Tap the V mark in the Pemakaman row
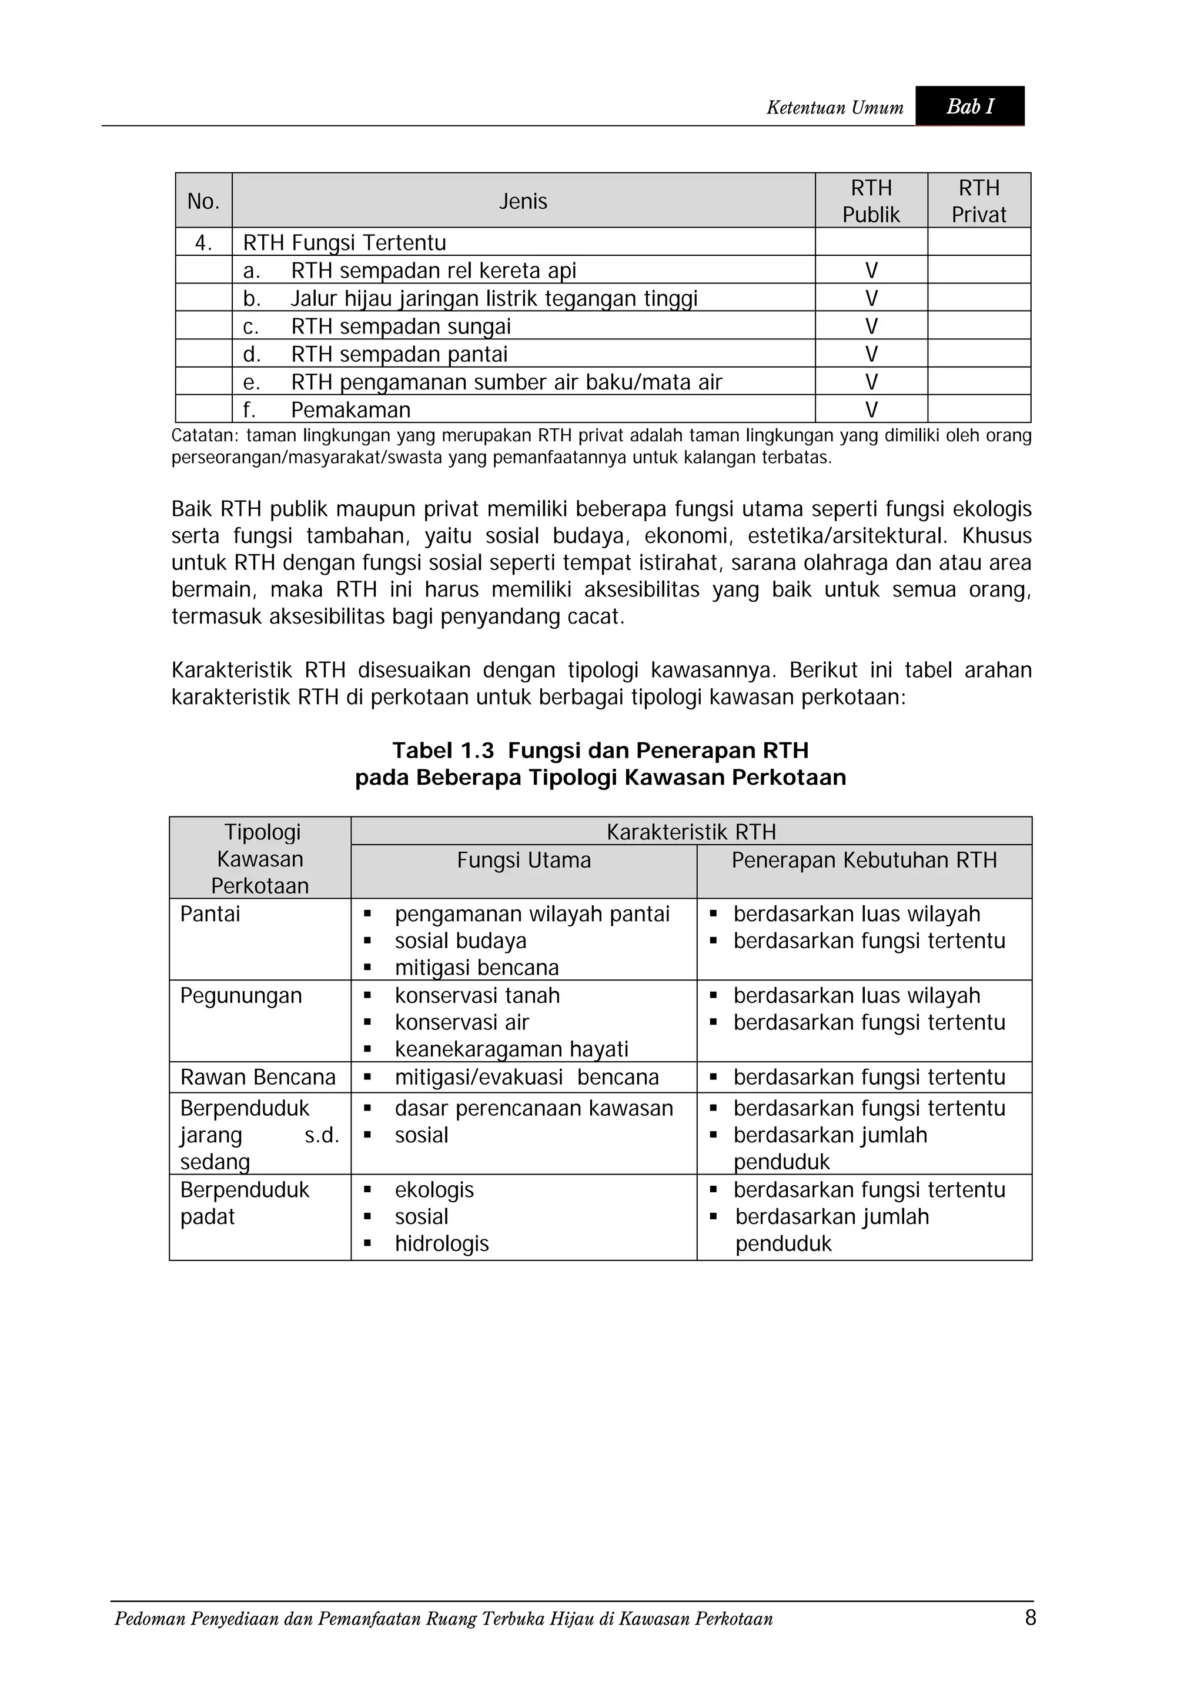coord(871,409)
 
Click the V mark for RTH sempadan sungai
coord(871,326)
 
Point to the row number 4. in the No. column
coord(203,243)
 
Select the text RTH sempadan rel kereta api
coord(433,270)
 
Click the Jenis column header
coord(523,201)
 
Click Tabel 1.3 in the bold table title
coord(443,751)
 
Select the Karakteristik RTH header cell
coord(691,832)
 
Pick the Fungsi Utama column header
coord(524,860)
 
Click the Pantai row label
coord(210,913)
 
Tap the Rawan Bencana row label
coord(257,1077)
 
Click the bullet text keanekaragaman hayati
coord(511,1049)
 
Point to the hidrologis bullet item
coord(442,1243)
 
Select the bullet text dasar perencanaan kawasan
coord(533,1108)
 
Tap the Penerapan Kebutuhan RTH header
coord(864,860)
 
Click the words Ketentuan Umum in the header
coord(835,108)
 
